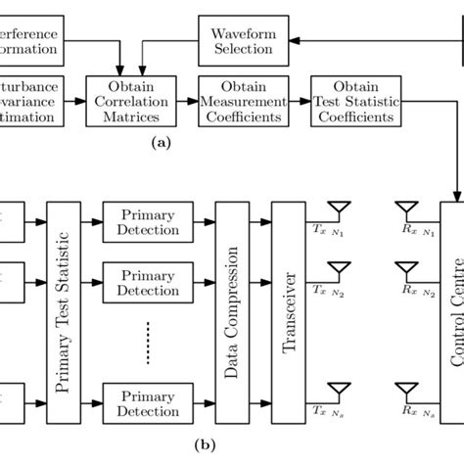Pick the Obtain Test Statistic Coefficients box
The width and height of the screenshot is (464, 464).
point(355,100)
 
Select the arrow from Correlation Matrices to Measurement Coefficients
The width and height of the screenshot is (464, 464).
point(187,100)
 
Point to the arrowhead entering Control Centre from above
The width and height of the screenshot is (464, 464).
point(457,193)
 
